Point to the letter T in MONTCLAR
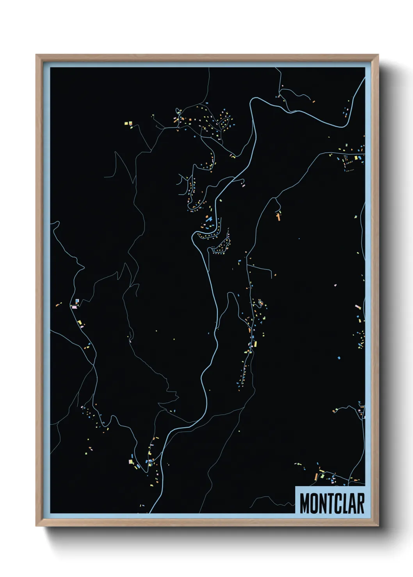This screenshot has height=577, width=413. (x=330, y=504)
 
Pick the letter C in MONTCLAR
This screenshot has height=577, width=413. (x=338, y=504)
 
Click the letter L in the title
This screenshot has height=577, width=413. (x=345, y=504)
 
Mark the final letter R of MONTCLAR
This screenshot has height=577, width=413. (x=360, y=504)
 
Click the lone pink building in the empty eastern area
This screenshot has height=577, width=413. (x=335, y=285)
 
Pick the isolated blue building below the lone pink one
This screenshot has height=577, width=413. (x=339, y=357)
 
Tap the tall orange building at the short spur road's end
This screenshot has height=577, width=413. (x=279, y=217)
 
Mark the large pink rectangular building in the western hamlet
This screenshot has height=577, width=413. (x=74, y=307)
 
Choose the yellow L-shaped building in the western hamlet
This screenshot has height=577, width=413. (x=80, y=322)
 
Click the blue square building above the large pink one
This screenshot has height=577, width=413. (x=77, y=301)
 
